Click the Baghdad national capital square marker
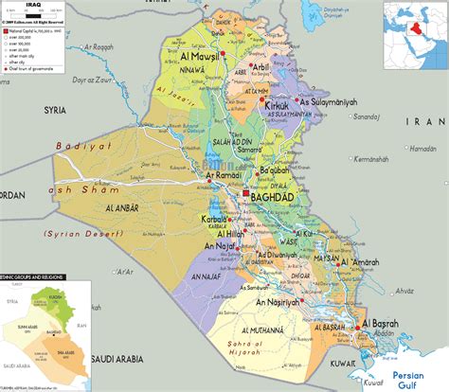tap(247, 193)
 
